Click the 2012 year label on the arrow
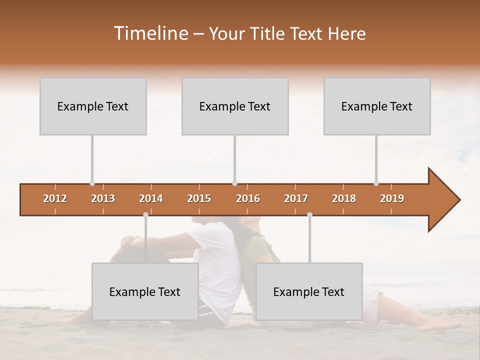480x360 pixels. pos(55,198)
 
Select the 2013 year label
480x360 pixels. pos(103,198)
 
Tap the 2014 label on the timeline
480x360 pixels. pos(151,198)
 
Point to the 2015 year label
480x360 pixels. pos(199,198)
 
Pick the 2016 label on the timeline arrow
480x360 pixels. pos(248,198)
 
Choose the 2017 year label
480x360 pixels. pos(296,198)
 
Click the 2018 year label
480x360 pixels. pos(344,198)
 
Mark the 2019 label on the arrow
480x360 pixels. pos(392,198)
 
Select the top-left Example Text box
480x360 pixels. pos(93,106)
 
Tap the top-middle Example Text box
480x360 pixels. pos(235,106)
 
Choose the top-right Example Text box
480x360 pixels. pos(377,106)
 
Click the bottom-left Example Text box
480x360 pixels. pos(145,292)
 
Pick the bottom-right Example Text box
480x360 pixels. pos(309,292)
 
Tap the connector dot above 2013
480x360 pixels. pos(92,183)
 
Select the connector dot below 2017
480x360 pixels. pos(309,215)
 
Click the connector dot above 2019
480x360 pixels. pos(376,183)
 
